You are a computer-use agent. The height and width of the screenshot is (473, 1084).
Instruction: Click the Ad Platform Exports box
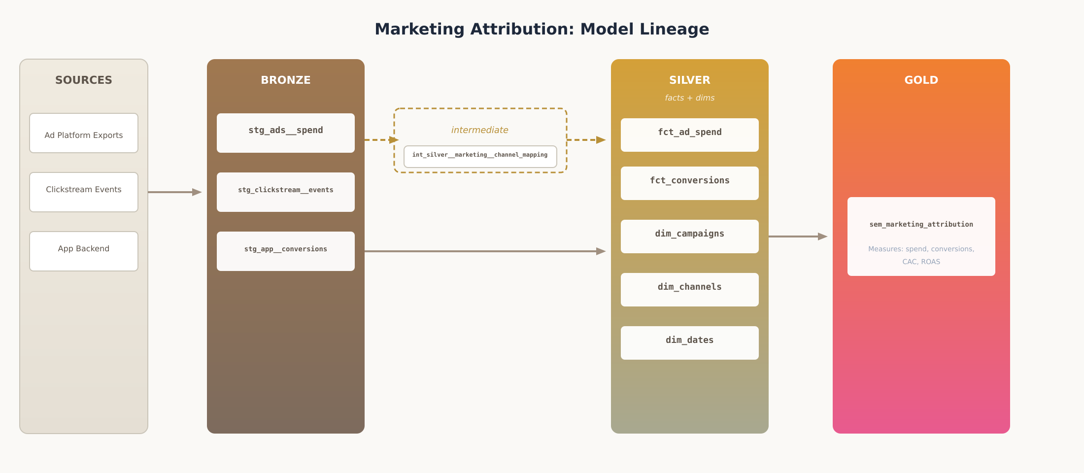(x=84, y=133)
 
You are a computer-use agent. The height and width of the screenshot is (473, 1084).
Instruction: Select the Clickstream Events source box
(x=84, y=192)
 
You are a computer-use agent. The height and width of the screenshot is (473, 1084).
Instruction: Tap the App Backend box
(x=84, y=251)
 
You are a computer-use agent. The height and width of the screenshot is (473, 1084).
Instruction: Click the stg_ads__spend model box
(x=286, y=133)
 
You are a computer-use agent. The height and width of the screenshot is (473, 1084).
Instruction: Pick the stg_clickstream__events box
(x=286, y=192)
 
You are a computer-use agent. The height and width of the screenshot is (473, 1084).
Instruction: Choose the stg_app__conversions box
(x=286, y=251)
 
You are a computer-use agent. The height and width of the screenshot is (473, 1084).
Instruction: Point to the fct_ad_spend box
(x=690, y=135)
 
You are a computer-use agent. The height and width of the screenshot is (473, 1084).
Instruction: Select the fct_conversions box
(x=690, y=183)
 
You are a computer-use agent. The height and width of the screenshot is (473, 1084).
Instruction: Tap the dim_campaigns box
(x=690, y=236)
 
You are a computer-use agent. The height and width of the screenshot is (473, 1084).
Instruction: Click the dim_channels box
(x=690, y=290)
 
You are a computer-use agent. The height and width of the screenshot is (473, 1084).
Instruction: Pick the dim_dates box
(x=690, y=343)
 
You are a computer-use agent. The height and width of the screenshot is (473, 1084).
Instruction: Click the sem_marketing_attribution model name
(x=921, y=225)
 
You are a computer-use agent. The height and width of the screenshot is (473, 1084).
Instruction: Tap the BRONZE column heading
(x=286, y=80)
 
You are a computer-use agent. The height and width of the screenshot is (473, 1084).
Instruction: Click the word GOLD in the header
(x=921, y=80)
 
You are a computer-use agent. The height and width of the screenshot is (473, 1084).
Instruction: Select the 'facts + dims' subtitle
(x=689, y=98)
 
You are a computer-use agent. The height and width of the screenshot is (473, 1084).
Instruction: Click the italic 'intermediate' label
(x=479, y=130)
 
